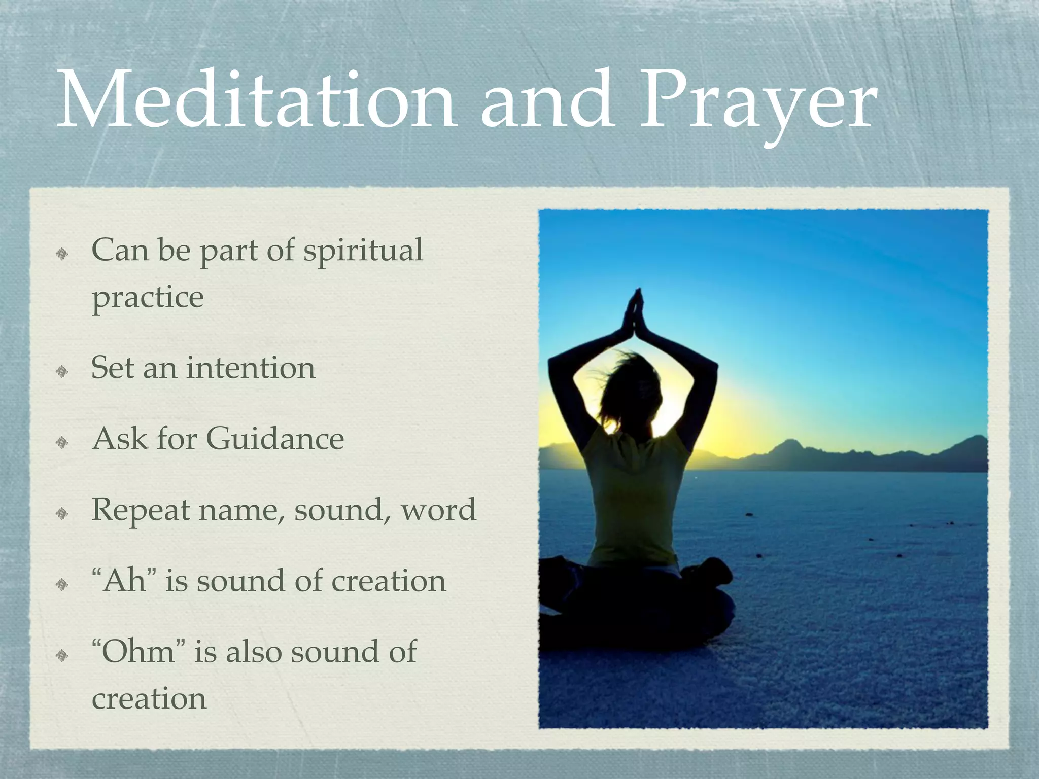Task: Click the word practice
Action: (x=148, y=298)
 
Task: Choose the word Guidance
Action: (x=275, y=439)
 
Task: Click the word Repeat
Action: (x=141, y=511)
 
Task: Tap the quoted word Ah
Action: (x=124, y=581)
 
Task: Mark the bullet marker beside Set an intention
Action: (x=62, y=372)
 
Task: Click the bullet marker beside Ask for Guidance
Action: (x=62, y=443)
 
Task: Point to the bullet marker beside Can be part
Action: (x=62, y=254)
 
